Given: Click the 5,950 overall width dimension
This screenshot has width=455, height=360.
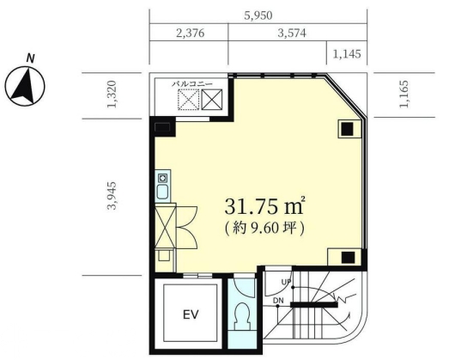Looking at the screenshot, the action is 258,15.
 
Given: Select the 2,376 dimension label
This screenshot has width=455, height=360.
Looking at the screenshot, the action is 190,34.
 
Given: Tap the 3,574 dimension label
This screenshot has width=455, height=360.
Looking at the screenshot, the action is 292,34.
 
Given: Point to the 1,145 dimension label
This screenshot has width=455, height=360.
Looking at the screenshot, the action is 347,54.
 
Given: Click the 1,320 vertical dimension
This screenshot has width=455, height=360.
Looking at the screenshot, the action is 112,94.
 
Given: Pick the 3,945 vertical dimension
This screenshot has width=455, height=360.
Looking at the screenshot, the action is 112,196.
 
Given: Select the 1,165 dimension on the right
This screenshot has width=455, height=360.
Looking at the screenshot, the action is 403,94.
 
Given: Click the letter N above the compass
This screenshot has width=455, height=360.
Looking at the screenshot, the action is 30,58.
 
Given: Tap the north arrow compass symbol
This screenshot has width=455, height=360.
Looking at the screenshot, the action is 25,86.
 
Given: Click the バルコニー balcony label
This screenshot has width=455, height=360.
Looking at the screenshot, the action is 192,84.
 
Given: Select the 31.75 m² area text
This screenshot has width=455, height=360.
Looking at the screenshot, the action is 264,206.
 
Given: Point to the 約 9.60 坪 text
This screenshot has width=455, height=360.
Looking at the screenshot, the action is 264,229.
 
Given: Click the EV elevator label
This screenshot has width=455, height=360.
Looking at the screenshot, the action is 191,314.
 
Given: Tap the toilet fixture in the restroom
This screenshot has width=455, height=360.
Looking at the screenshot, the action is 242,316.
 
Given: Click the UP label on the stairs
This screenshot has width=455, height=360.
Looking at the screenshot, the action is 286,282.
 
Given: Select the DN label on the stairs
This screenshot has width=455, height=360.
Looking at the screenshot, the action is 278,301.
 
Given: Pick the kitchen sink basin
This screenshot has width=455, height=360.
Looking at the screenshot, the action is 163,192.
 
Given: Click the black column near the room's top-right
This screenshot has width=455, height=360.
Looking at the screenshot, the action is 347,129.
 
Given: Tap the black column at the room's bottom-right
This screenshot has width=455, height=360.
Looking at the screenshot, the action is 348,258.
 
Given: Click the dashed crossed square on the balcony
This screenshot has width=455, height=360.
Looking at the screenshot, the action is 189,100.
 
